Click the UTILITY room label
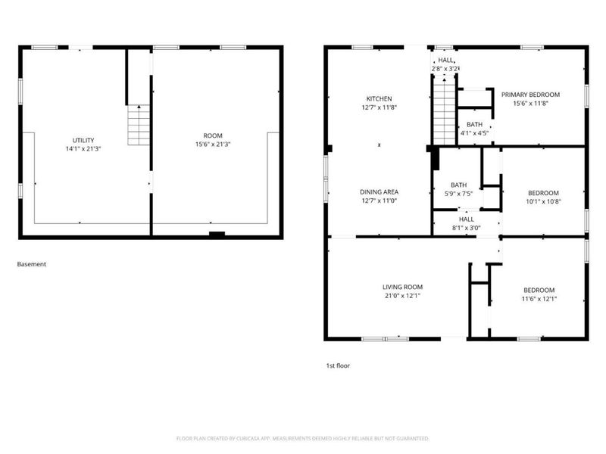coord(83,140)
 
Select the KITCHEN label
coord(379,99)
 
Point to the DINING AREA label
coord(379,192)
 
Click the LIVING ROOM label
coord(402,288)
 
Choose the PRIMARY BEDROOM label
coord(530,95)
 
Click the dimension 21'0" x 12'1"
coord(402,296)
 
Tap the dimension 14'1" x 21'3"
coord(83,149)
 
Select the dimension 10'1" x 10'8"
coord(543,202)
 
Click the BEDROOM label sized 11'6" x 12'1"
coord(539,291)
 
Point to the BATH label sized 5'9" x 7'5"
coord(459,185)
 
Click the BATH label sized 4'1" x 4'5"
coord(474,125)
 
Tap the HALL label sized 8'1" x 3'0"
coord(467,219)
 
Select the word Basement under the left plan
coord(32,265)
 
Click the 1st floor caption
coord(338,365)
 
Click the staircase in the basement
coord(139,125)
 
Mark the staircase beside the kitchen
coord(444,113)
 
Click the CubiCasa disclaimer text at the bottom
coord(303,439)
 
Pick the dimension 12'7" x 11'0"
coord(379,201)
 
